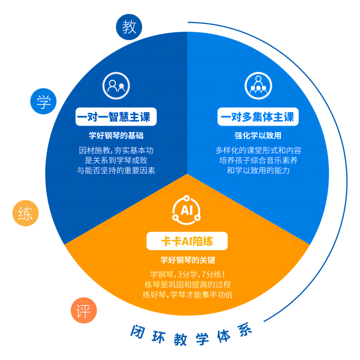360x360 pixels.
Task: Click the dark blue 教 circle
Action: (129, 27)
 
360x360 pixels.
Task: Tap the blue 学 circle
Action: (43, 101)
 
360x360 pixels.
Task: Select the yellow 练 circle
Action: (26, 213)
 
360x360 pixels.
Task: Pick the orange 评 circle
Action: (84, 310)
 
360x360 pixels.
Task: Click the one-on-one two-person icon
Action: (116, 85)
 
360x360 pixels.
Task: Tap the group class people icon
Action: (258, 85)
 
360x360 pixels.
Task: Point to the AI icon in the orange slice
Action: (186, 210)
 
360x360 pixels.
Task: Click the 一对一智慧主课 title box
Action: (116, 117)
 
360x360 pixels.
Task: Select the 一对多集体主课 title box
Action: (258, 117)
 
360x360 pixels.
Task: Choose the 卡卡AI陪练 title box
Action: (187, 241)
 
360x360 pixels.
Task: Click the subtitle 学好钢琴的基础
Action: (116, 135)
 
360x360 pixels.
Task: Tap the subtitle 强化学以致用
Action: (258, 135)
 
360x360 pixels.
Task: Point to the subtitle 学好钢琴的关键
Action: (188, 260)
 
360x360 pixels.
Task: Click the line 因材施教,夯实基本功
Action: (116, 150)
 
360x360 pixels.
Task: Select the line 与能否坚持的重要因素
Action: (116, 171)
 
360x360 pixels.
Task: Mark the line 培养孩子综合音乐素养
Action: (258, 160)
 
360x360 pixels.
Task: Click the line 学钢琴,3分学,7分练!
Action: (188, 274)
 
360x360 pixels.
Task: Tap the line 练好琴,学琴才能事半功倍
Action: (188, 295)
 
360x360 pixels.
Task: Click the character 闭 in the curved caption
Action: (138, 332)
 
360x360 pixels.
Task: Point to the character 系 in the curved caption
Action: (245, 330)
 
